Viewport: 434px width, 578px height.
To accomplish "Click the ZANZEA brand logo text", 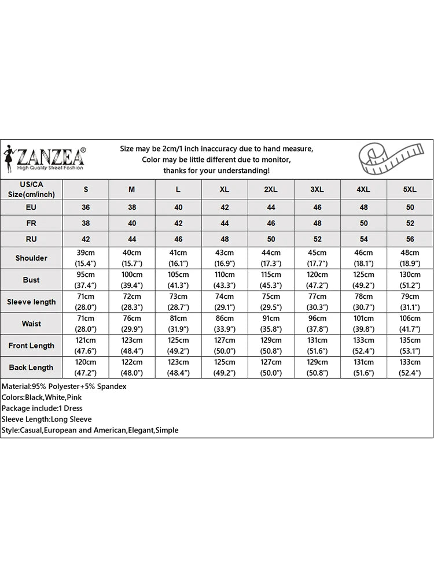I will [x=51, y=156].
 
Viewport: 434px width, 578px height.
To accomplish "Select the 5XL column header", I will [x=410, y=189].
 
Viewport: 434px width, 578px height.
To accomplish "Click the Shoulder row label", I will [x=31, y=258].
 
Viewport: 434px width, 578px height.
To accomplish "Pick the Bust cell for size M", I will [x=132, y=280].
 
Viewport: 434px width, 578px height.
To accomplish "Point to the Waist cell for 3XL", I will [x=317, y=324].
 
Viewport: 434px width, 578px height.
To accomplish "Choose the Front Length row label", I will [x=31, y=346].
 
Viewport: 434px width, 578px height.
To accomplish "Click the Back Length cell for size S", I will [x=86, y=367].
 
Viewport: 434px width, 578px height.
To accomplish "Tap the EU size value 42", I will [x=225, y=206].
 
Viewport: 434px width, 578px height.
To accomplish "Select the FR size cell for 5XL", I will [x=410, y=223].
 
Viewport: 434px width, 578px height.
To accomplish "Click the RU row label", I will [x=31, y=239].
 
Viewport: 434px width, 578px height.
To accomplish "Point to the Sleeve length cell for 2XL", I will [x=271, y=302].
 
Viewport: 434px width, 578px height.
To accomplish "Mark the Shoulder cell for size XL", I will [x=225, y=258].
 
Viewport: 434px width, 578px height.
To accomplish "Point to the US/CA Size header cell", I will [x=31, y=189].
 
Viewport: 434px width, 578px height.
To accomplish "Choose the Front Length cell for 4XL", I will [x=363, y=346].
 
